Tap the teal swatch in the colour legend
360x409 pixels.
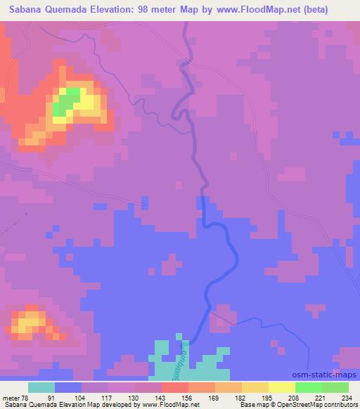[x=41, y=388]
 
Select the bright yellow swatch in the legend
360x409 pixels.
[x=282, y=388]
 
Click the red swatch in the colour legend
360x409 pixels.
[x=175, y=388]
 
